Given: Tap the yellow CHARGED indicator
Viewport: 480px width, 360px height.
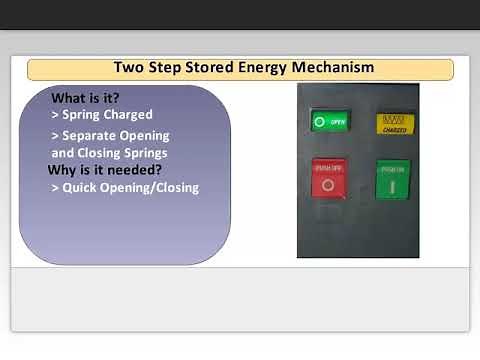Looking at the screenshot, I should coord(394,124).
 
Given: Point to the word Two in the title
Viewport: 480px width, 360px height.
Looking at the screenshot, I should coord(130,68).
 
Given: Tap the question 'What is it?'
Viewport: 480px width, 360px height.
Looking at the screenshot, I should coord(85,98).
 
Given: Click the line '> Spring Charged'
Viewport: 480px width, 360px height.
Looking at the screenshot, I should coord(101,114).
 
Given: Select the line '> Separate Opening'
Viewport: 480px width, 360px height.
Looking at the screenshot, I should coord(110,135).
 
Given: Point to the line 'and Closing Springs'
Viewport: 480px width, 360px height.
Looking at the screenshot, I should coord(109,153).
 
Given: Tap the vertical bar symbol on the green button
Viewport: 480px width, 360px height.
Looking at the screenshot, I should coord(392,185).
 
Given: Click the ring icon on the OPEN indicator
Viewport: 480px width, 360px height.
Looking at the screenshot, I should coord(320,122).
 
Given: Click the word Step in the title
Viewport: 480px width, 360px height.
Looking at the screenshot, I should coord(164,68).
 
